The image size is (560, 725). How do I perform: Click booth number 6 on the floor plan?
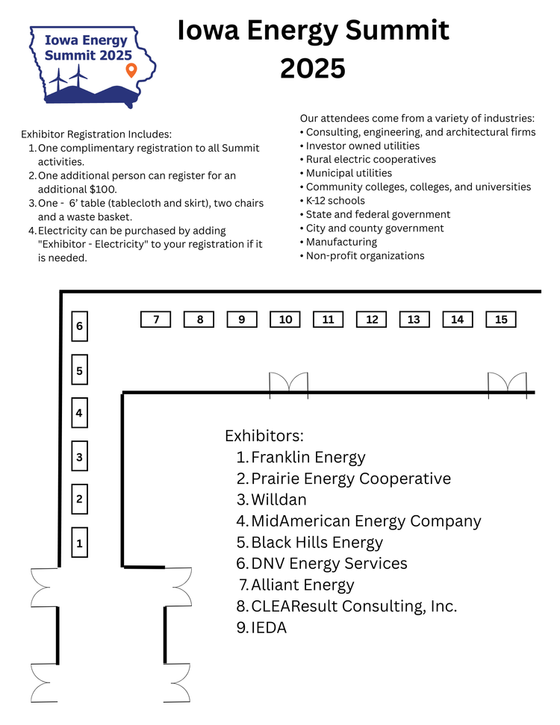pyautogui.click(x=79, y=326)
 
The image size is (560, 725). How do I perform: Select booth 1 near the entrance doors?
pyautogui.click(x=79, y=543)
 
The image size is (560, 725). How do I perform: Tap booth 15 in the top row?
pyautogui.click(x=501, y=320)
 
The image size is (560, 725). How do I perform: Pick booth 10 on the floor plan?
pyautogui.click(x=285, y=320)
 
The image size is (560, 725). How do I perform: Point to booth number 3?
pyautogui.click(x=79, y=457)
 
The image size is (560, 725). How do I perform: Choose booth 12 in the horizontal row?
pyautogui.click(x=372, y=320)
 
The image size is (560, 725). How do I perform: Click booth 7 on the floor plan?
pyautogui.click(x=156, y=320)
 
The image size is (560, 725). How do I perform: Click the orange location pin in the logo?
pyautogui.click(x=131, y=70)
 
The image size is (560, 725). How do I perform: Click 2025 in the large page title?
pyautogui.click(x=313, y=68)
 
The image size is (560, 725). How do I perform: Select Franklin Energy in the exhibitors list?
pyautogui.click(x=308, y=457)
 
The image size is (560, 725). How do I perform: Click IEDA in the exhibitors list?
pyautogui.click(x=269, y=628)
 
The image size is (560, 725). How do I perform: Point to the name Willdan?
pyautogui.click(x=279, y=500)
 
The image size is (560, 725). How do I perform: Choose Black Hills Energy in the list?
pyautogui.click(x=317, y=543)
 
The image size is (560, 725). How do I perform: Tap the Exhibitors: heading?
pyautogui.click(x=264, y=436)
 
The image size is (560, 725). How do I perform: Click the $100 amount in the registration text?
pyautogui.click(x=102, y=189)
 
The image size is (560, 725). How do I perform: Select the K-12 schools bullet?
pyautogui.click(x=335, y=201)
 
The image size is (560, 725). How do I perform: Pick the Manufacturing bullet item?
pyautogui.click(x=341, y=242)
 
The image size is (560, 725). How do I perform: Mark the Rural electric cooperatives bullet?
pyautogui.click(x=370, y=159)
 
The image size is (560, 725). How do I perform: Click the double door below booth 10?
pyautogui.click(x=288, y=382)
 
